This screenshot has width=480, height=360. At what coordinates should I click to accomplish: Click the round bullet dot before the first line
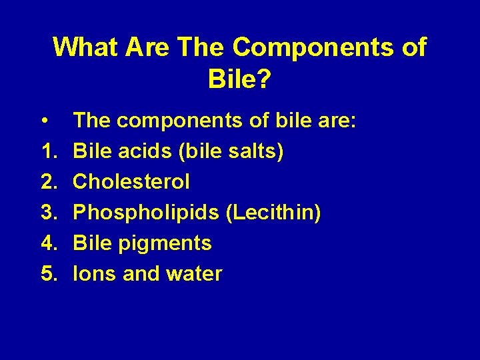(x=43, y=121)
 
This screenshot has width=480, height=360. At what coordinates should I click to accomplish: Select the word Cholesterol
(x=131, y=181)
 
